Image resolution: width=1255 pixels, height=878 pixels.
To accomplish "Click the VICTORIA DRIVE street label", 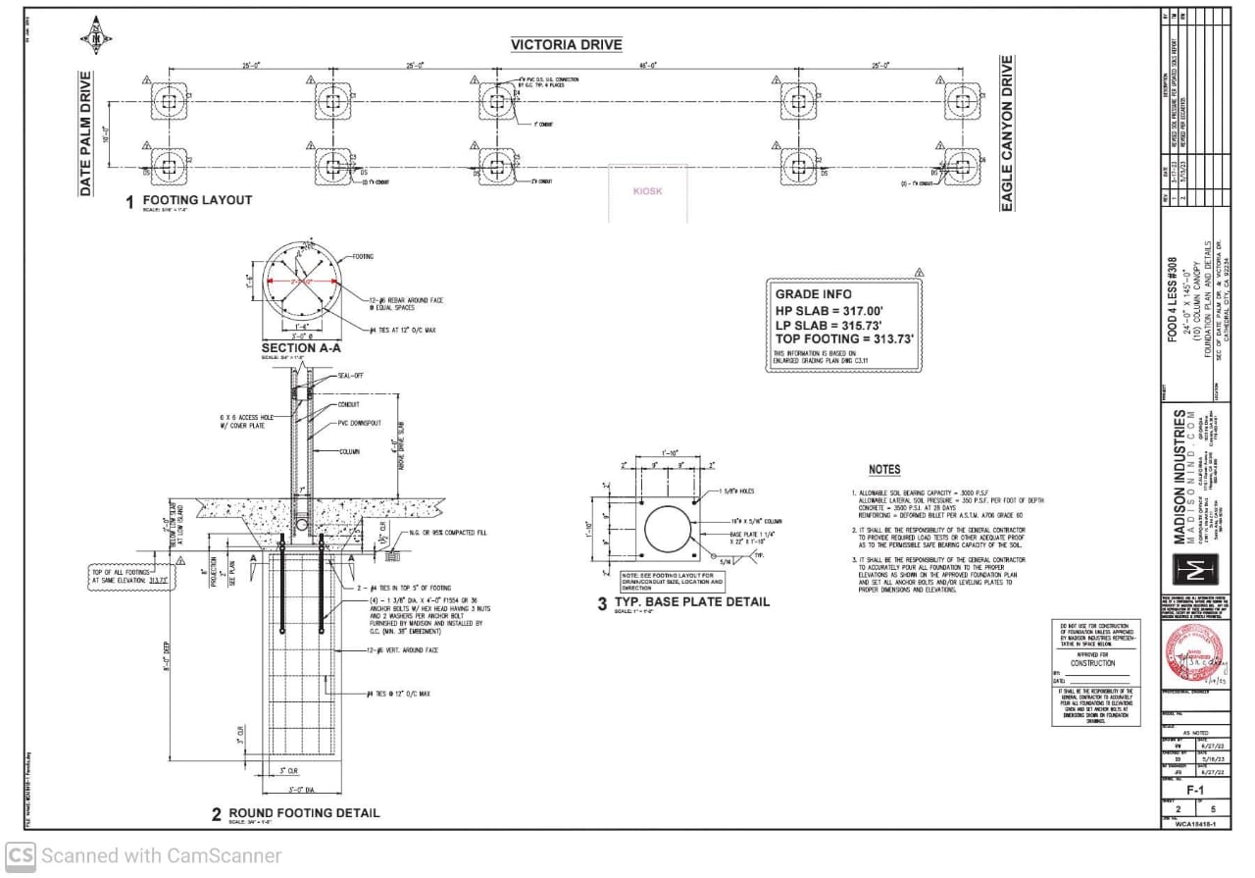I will [x=566, y=45].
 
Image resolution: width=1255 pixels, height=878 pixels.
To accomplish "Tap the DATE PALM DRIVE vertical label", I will [x=85, y=132].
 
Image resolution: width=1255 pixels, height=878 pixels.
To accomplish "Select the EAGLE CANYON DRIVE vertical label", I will [x=1006, y=133].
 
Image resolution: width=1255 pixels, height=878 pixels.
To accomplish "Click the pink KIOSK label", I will [x=647, y=191].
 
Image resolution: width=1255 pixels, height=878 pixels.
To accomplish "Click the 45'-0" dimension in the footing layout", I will [x=647, y=66].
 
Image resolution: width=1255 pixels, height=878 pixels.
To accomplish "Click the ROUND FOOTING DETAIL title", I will [x=304, y=813].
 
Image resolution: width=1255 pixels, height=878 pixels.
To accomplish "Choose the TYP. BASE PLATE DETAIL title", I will [x=691, y=601].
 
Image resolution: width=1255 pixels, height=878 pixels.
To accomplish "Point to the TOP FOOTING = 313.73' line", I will [x=844, y=338].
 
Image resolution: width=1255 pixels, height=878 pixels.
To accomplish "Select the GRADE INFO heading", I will [x=813, y=294].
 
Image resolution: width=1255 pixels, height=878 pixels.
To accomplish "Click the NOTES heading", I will [x=883, y=470].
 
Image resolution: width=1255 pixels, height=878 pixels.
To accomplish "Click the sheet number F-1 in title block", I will [x=1194, y=789].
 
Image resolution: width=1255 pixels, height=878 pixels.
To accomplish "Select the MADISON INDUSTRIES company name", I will [x=1180, y=476].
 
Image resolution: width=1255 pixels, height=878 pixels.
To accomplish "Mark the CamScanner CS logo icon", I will [x=21, y=855].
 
